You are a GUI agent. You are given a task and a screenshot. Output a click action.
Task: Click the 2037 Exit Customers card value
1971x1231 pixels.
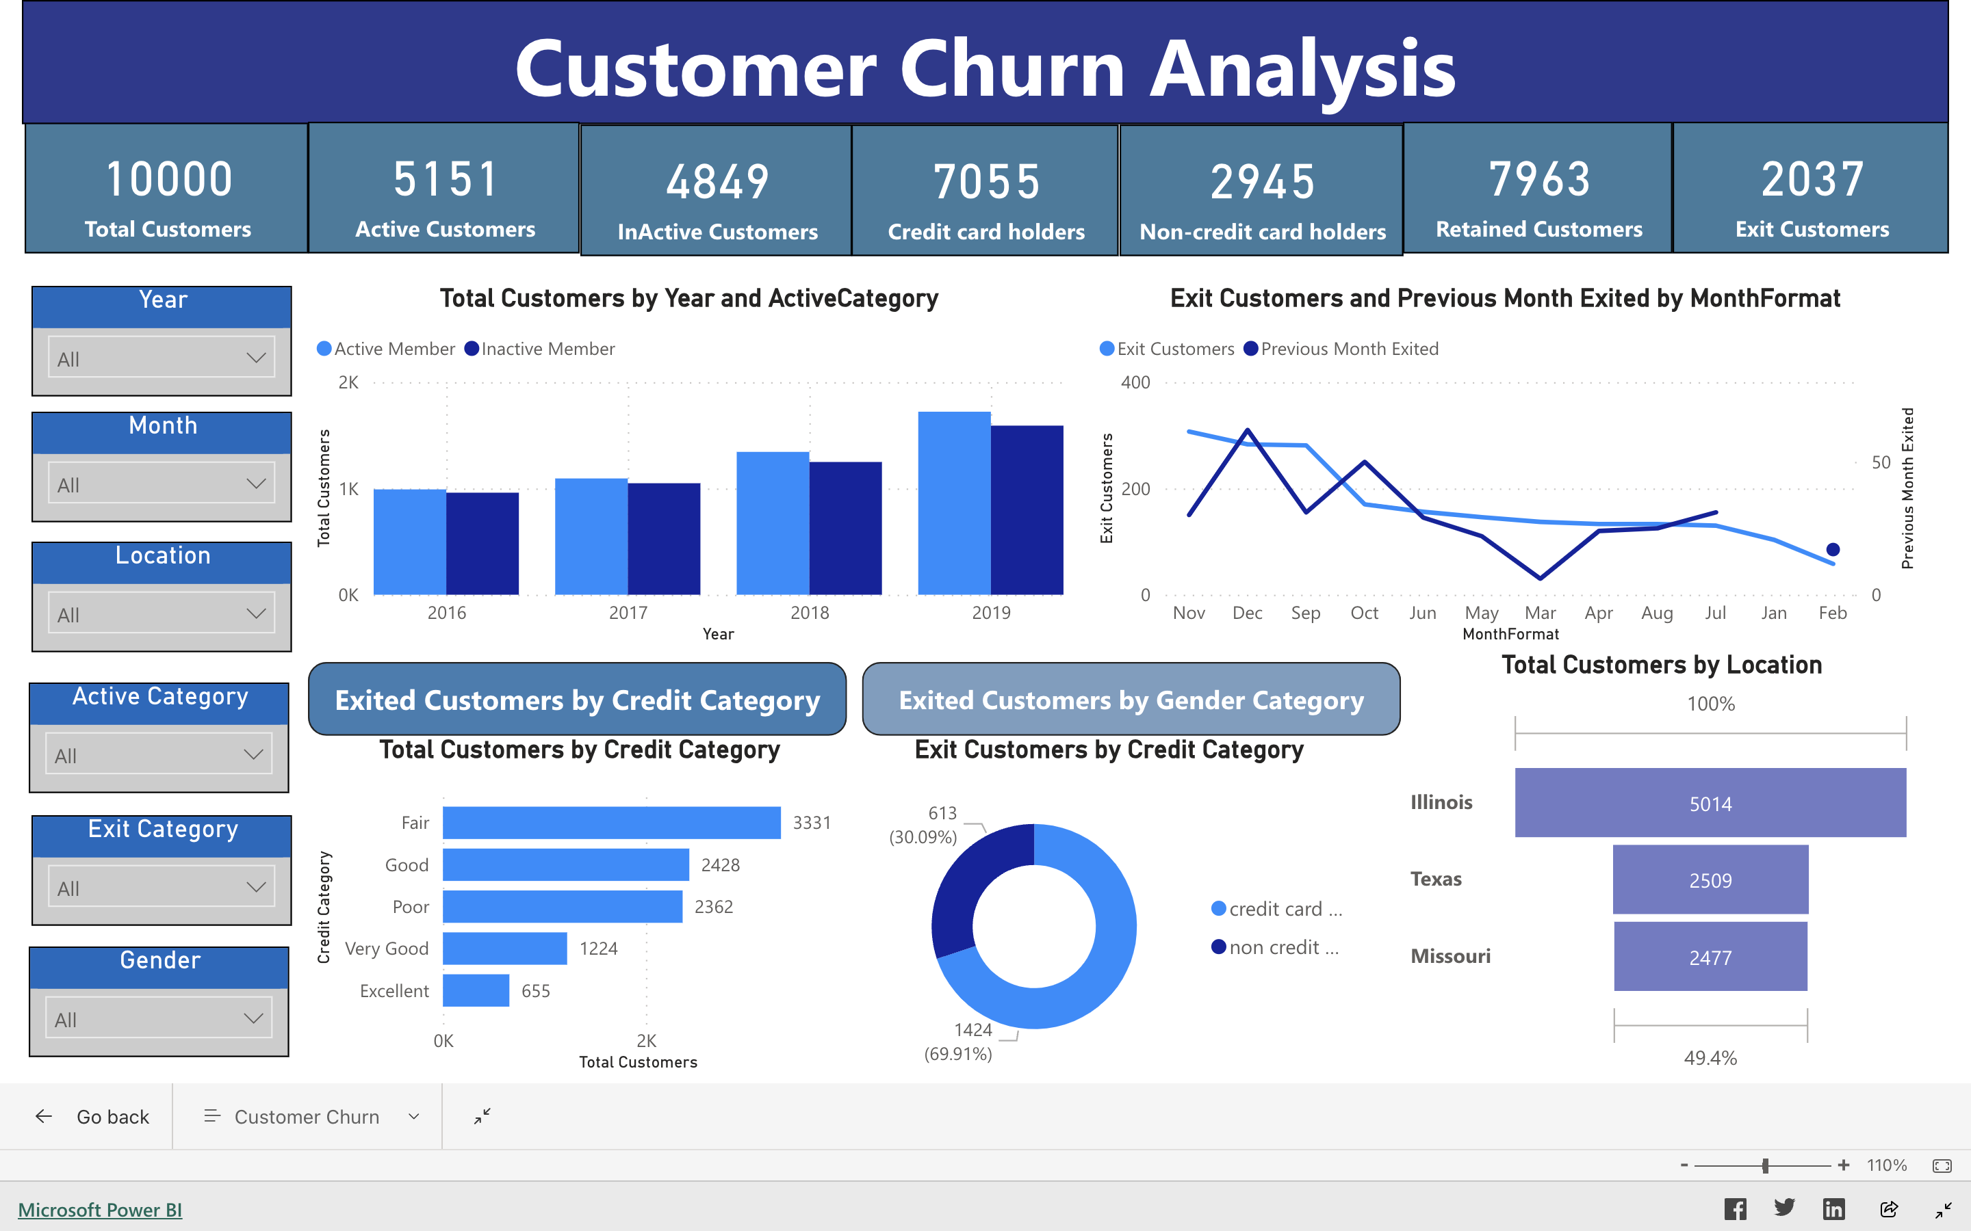click(x=1812, y=179)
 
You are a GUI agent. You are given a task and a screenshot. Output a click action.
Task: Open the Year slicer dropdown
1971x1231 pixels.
click(x=162, y=358)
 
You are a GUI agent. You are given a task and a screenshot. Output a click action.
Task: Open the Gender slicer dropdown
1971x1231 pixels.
click(x=159, y=1018)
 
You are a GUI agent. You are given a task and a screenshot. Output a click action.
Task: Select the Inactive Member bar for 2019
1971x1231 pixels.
click(x=1027, y=509)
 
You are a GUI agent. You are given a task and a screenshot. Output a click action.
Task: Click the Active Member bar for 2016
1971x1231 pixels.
click(x=410, y=542)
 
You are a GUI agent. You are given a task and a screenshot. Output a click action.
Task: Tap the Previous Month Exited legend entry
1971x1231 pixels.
click(x=1341, y=349)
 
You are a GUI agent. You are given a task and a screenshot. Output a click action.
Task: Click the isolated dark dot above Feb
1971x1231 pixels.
click(x=1833, y=550)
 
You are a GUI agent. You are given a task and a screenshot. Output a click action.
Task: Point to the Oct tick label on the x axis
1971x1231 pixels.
click(x=1364, y=613)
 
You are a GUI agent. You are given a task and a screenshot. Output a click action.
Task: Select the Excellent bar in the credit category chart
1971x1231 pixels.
click(x=476, y=990)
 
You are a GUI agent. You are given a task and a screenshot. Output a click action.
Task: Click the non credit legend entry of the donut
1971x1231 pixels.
click(x=1276, y=947)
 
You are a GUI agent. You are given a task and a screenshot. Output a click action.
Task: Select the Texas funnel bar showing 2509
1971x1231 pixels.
click(x=1710, y=879)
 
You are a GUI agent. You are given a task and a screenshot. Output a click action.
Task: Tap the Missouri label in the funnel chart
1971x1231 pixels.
click(x=1451, y=956)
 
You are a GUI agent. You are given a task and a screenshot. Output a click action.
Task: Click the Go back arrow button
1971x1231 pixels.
click(x=44, y=1116)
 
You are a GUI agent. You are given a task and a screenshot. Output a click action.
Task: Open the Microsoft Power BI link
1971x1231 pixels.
click(x=100, y=1210)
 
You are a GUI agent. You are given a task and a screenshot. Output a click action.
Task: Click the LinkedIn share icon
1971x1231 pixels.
click(x=1833, y=1209)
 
